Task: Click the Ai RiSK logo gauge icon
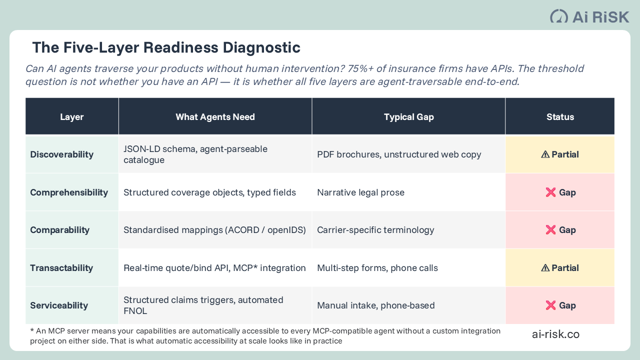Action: click(559, 16)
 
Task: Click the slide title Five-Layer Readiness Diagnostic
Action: click(166, 47)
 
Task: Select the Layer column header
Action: click(72, 117)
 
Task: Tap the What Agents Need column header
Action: click(215, 117)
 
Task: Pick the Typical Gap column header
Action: click(408, 117)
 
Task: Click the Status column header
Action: click(560, 117)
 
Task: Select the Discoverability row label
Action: click(62, 154)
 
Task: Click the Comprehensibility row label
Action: click(69, 192)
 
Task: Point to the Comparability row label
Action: click(60, 230)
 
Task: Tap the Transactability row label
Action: click(61, 268)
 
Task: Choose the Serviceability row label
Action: click(59, 305)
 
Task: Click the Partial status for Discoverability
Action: click(560, 154)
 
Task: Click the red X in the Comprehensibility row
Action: click(550, 192)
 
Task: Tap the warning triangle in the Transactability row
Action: click(545, 268)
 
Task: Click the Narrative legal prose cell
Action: click(360, 192)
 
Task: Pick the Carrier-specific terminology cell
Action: click(375, 230)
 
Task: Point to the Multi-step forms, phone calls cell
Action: click(377, 268)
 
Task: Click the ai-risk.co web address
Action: click(555, 334)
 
